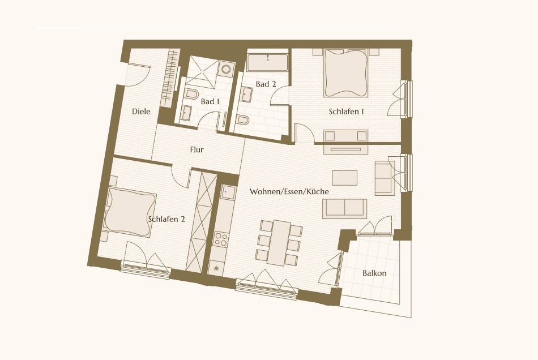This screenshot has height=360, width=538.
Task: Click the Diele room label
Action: click(141, 112)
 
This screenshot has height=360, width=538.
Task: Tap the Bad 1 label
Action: click(210, 102)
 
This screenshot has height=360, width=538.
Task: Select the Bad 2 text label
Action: click(266, 84)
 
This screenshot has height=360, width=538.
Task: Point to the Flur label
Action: click(197, 150)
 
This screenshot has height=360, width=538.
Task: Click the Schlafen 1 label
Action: click(346, 112)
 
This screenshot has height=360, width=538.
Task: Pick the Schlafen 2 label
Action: click(166, 218)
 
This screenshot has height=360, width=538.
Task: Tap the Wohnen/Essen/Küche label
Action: click(289, 192)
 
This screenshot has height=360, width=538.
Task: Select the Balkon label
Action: click(374, 273)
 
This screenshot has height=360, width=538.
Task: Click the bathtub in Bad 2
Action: click(268, 62)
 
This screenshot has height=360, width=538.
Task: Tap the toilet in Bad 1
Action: click(191, 94)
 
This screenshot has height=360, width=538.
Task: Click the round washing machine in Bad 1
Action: click(226, 70)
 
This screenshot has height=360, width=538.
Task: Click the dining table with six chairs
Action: click(278, 242)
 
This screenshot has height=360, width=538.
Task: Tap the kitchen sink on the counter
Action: click(229, 193)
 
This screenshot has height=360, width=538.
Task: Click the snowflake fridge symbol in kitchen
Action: click(215, 267)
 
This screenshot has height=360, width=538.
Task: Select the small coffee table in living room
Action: click(345, 177)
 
